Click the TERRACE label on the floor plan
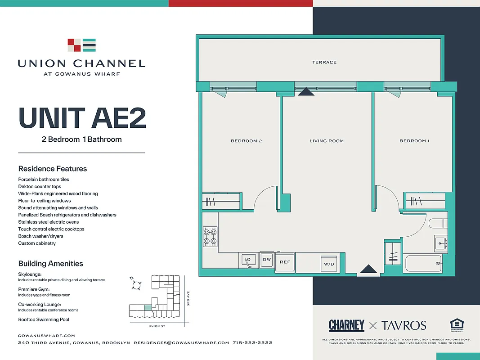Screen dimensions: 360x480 pyautogui.click(x=324, y=62)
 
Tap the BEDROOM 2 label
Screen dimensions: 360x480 pyautogui.click(x=246, y=141)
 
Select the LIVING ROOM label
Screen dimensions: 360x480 pyautogui.click(x=327, y=141)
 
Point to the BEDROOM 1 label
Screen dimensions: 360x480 pyautogui.click(x=414, y=141)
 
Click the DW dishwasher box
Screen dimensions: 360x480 pyautogui.click(x=267, y=260)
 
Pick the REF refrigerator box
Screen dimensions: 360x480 pyautogui.click(x=285, y=262)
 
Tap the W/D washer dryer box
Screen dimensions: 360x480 pyautogui.click(x=329, y=264)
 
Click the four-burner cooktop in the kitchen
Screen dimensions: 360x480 pyautogui.click(x=210, y=237)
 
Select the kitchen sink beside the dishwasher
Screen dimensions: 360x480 pyautogui.click(x=248, y=260)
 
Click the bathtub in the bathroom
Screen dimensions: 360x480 pyautogui.click(x=423, y=263)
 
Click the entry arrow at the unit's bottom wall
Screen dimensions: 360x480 pyautogui.click(x=369, y=269)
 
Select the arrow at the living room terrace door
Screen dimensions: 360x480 pyautogui.click(x=306, y=92)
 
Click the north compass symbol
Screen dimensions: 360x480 pyautogui.click(x=137, y=284)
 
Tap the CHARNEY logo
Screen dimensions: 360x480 pyautogui.click(x=346, y=325)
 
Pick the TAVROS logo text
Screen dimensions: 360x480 pyautogui.click(x=404, y=325)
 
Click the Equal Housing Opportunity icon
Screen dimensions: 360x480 pyautogui.click(x=457, y=325)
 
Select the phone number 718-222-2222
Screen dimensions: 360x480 pyautogui.click(x=252, y=343)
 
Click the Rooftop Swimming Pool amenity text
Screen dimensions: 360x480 pyautogui.click(x=44, y=319)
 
